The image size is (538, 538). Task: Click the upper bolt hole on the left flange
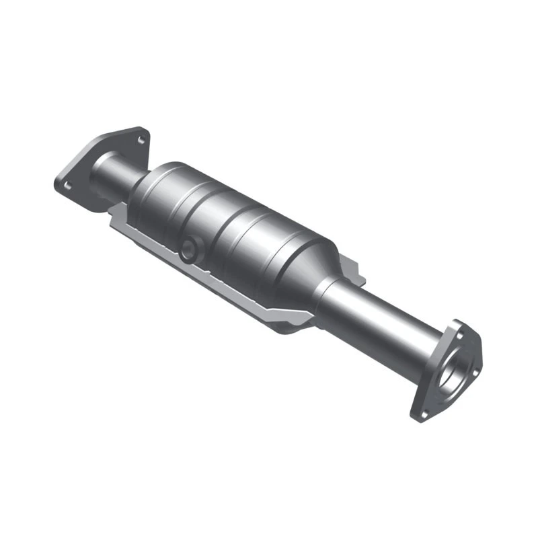(x=141, y=140)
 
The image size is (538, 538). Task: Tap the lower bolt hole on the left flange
(x=66, y=182)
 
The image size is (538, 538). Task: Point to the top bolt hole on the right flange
(x=459, y=332)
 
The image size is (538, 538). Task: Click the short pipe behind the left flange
(x=111, y=176)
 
